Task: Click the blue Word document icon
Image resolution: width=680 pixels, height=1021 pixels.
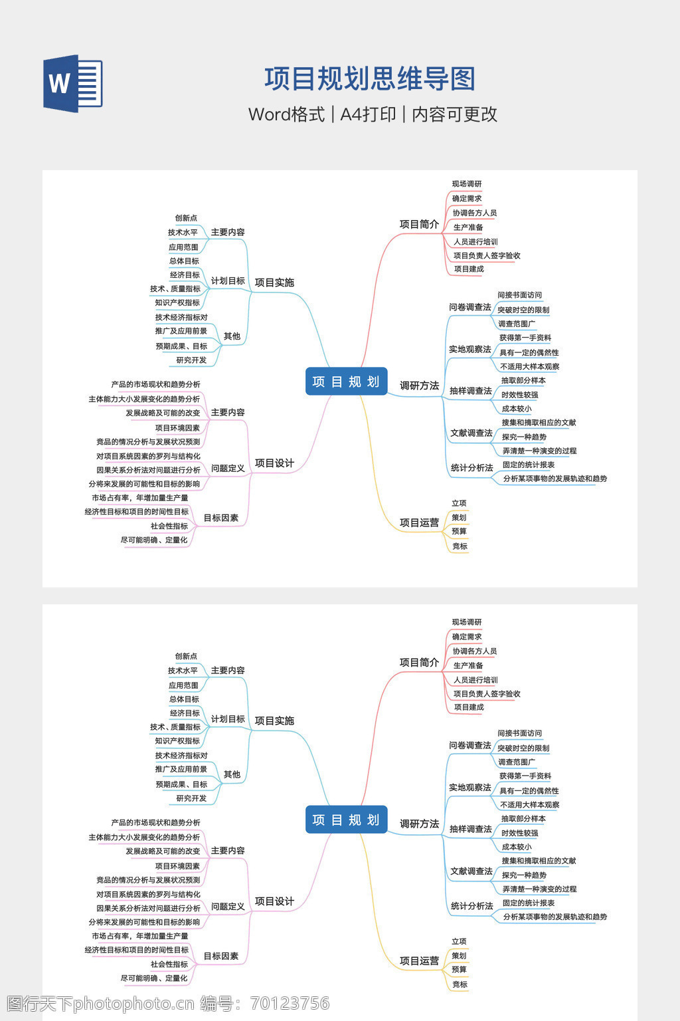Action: tap(73, 83)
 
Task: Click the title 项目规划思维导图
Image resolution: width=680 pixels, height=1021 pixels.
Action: tap(370, 79)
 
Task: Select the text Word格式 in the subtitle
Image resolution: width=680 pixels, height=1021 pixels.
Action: tap(286, 114)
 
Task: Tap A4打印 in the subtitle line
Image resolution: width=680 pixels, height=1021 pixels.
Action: tap(368, 114)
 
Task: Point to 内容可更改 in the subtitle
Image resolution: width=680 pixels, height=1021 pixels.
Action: tap(454, 114)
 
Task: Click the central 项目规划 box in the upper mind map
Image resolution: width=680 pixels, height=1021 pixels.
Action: tap(346, 382)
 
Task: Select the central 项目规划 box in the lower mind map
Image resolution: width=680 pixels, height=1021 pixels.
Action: tap(346, 820)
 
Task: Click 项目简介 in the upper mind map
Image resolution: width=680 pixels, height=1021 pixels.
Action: tap(419, 224)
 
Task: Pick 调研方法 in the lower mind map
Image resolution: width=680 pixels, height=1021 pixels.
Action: tap(419, 824)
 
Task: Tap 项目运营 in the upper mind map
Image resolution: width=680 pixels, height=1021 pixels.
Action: tap(419, 522)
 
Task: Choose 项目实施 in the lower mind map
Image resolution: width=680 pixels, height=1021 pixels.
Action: tap(274, 721)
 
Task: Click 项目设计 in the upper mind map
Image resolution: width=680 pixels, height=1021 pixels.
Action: tap(274, 463)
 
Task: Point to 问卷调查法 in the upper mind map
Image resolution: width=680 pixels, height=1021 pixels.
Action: tap(470, 307)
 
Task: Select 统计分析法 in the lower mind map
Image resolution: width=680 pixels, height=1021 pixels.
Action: tap(471, 906)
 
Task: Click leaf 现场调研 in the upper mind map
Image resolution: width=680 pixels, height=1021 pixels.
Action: tap(467, 184)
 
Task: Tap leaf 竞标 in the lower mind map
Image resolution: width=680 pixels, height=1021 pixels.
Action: tap(460, 984)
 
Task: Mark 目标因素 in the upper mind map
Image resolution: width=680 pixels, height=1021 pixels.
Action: tap(220, 518)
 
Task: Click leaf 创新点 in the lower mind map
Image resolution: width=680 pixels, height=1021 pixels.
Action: tap(186, 656)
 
